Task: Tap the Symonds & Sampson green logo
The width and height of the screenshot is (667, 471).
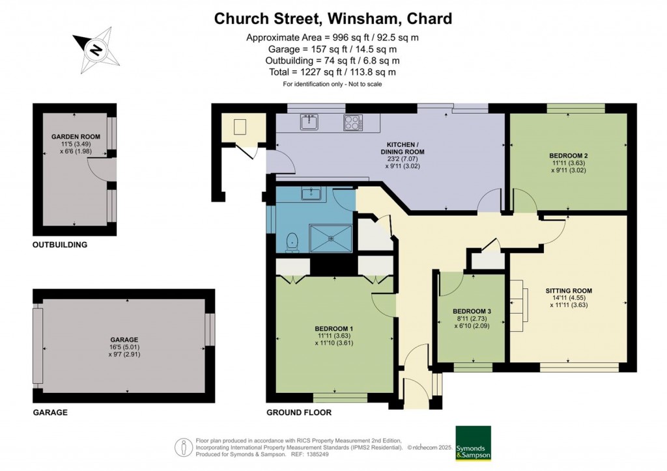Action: (x=472, y=444)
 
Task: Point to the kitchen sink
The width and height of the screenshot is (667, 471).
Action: (x=309, y=122)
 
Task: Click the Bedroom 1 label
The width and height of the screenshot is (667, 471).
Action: (x=333, y=328)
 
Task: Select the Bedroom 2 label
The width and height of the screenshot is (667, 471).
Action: (x=568, y=155)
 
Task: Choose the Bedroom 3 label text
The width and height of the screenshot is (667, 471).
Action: (x=471, y=311)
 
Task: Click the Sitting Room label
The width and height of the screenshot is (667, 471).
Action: (x=569, y=291)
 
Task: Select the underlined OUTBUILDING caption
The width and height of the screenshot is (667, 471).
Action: (x=60, y=245)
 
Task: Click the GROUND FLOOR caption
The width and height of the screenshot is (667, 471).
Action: (x=299, y=412)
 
